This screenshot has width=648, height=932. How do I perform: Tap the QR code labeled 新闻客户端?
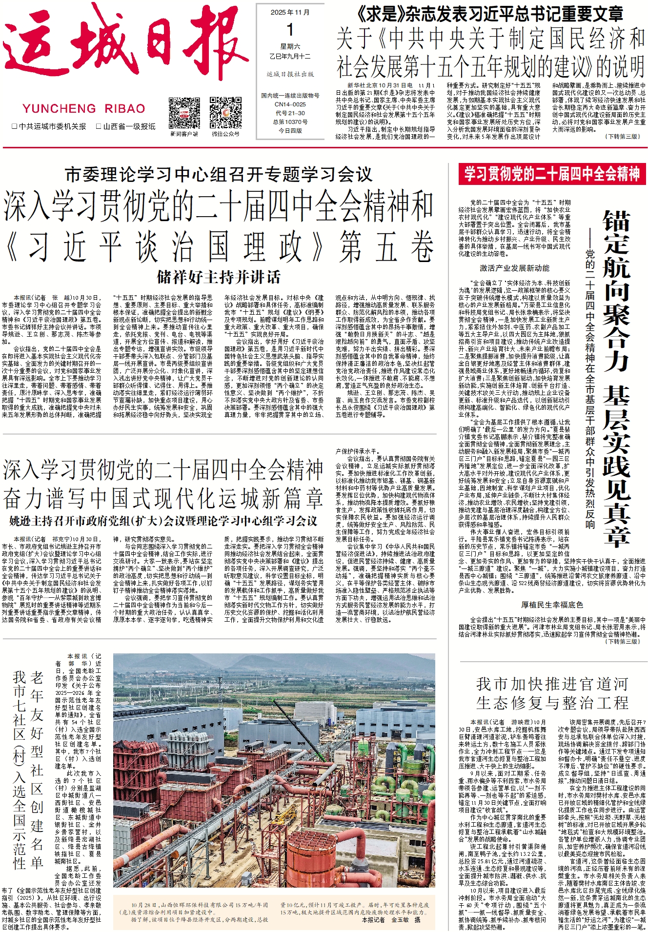tap(184, 113)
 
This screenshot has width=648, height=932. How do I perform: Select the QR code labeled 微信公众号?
tap(225, 113)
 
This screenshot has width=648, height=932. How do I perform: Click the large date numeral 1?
tap(290, 30)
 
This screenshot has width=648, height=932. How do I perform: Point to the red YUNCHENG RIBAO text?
tap(83, 108)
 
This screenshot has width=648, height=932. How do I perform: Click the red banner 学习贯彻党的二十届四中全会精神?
tap(552, 174)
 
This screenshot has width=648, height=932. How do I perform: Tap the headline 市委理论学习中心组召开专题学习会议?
tap(218, 175)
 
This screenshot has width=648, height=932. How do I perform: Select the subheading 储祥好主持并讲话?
tap(218, 277)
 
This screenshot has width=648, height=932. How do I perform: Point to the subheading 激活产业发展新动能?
tap(514, 268)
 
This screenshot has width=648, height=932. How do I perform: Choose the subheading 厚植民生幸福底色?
tap(552, 605)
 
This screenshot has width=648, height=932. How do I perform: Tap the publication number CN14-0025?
tap(290, 104)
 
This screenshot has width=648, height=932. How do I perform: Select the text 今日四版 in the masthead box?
tap(290, 131)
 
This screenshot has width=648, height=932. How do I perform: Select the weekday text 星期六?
tap(290, 47)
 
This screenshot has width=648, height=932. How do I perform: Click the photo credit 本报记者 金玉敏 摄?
tap(391, 919)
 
